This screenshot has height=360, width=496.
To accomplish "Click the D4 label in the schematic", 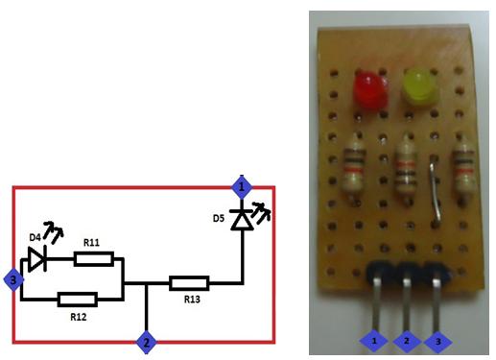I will coord(35,236).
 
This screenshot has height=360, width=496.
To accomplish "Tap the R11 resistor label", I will coord(93,243).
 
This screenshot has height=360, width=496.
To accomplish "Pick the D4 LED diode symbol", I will coord(38,258).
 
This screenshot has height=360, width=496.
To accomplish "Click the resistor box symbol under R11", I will coord(94,258).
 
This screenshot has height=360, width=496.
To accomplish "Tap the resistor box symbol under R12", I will coord(77,299).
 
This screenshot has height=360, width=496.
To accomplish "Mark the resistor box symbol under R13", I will coord(189,283).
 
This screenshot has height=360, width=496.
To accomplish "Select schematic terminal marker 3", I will coord(13,280).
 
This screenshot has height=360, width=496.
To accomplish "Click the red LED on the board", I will coord(368,89).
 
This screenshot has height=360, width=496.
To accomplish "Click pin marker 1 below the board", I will coord(374,340).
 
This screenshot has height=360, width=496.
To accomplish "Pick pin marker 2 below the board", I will coord(407,340).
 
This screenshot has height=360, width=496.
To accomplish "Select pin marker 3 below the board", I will coord(439,340).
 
